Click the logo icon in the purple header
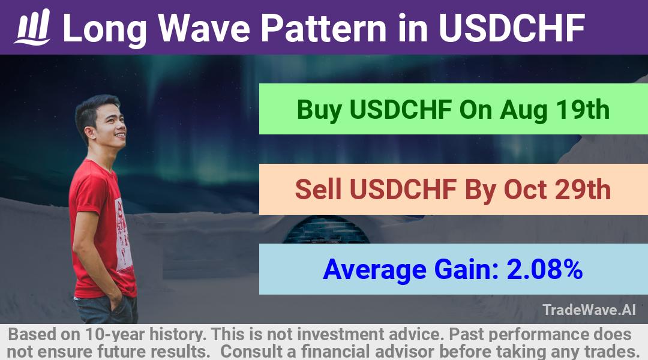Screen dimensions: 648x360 [32, 27]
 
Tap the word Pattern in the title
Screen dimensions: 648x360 [323, 28]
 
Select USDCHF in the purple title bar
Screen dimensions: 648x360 [512, 28]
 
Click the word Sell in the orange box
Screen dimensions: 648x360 [318, 189]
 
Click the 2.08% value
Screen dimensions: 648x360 [544, 269]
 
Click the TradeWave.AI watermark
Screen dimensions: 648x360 [589, 310]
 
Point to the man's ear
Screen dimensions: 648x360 [90, 133]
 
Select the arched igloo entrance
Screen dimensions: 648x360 [326, 230]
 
